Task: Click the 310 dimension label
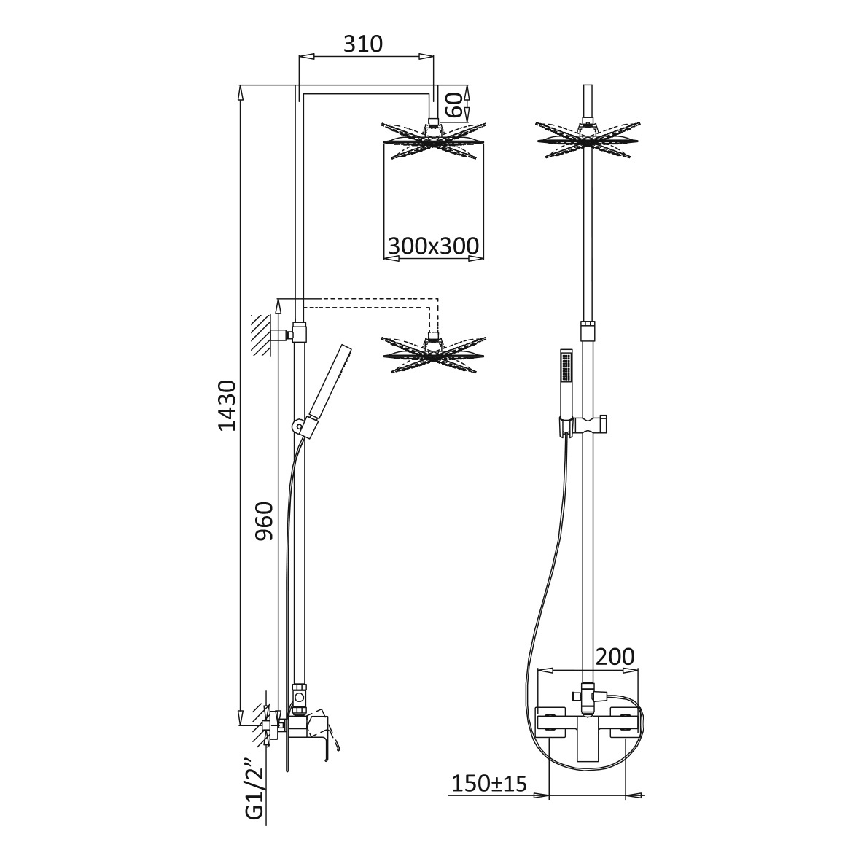click(x=362, y=44)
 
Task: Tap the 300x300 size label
click(x=433, y=246)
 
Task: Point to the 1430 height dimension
click(x=227, y=405)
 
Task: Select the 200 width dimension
click(x=615, y=656)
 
